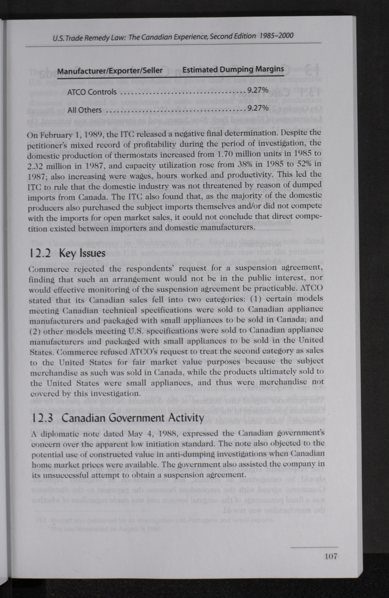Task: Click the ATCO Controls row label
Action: click(92, 92)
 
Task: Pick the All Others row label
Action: click(84, 110)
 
